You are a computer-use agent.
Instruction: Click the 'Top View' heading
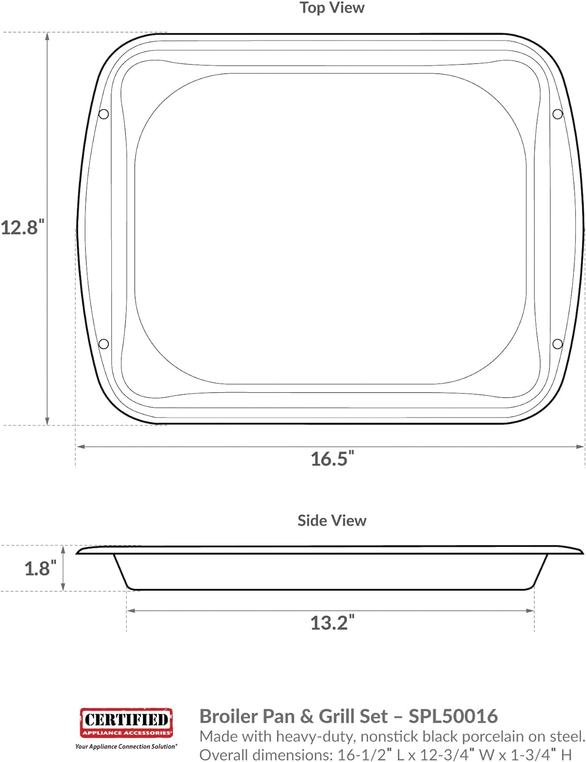coord(331,8)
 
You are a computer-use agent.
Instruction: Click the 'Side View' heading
coord(331,521)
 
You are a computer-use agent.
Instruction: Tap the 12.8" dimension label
coord(23,228)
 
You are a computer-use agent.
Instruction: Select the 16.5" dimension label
coord(332,459)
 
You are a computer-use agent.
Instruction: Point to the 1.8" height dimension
coord(37,568)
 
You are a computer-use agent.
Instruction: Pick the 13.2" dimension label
coord(332,623)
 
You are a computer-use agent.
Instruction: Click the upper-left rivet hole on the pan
coord(104,114)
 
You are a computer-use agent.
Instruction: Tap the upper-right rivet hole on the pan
coord(558,114)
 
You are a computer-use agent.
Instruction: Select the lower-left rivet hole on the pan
coord(104,344)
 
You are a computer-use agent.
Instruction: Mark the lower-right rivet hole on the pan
coord(558,344)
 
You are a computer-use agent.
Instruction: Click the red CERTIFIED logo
coord(126,722)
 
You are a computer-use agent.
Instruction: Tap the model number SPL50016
coord(453,716)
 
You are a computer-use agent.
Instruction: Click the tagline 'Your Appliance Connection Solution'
coord(126,746)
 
